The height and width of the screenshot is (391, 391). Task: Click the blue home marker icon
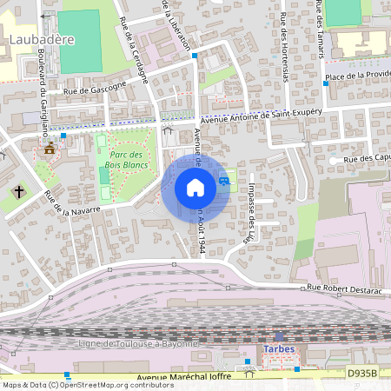195,188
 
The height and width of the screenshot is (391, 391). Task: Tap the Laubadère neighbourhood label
39,40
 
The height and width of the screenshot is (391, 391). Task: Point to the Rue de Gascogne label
95,86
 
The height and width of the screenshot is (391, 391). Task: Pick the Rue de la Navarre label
72,204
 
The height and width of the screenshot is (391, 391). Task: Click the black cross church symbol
19,190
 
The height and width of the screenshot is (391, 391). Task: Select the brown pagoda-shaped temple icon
50,149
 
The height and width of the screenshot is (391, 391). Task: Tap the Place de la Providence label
356,76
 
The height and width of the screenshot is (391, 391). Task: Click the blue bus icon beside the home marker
225,181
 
